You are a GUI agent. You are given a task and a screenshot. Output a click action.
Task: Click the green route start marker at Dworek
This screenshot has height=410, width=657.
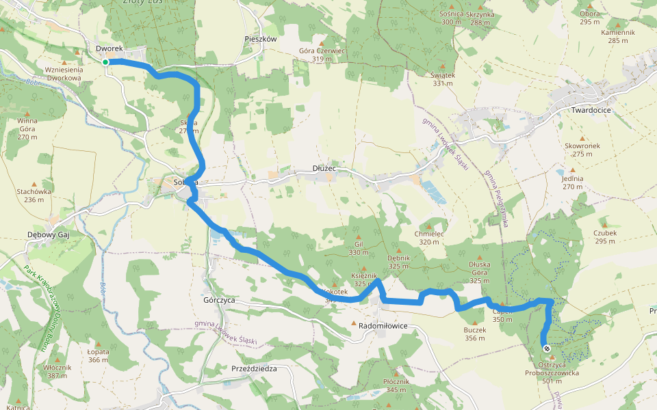[105, 62]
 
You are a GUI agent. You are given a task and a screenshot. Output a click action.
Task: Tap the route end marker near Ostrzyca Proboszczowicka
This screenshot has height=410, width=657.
[547, 348]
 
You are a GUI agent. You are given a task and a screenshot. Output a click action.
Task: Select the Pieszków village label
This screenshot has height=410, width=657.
[260, 39]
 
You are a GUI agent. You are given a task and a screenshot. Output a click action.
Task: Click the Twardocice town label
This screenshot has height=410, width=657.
[591, 109]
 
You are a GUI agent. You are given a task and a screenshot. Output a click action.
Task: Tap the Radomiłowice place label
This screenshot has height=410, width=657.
[383, 326]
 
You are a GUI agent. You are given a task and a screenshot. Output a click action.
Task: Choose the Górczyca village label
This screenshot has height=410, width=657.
[220, 300]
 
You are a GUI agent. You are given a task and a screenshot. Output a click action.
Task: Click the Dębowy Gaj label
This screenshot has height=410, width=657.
[49, 234]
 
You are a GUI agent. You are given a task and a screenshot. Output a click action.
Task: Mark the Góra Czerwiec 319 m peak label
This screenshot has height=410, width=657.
[322, 55]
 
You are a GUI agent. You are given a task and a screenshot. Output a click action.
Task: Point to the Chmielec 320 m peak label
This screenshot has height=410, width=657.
[429, 237]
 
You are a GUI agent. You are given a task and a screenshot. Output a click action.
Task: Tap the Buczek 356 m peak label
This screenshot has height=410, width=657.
[474, 333]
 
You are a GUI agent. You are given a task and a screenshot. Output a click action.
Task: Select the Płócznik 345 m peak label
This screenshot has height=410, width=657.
[396, 385]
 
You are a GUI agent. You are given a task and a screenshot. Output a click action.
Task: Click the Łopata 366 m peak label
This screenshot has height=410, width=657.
[99, 355]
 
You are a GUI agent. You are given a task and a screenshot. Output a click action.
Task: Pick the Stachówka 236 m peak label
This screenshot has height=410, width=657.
[34, 195]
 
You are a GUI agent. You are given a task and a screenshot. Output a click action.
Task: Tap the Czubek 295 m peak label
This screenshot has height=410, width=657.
[606, 236]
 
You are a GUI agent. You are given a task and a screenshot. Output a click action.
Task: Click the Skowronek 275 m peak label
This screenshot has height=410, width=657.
[582, 150]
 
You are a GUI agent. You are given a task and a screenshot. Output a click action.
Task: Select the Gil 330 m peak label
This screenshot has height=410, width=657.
[358, 248]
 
